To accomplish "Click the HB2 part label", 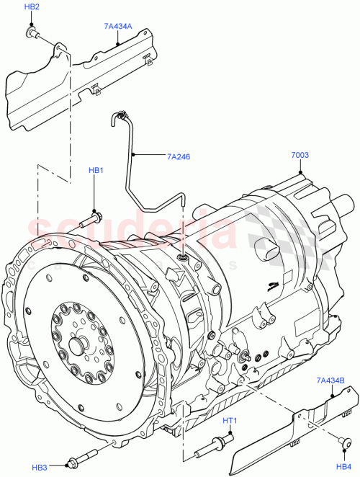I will (32, 6).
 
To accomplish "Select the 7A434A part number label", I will (117, 26).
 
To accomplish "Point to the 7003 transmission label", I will (301, 155).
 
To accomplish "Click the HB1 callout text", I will (96, 170).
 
